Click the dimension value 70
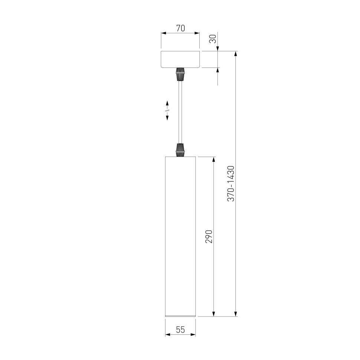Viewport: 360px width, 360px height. pos(180,28)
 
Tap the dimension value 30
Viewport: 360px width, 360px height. pos(213,39)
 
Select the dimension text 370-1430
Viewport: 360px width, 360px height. pos(231,183)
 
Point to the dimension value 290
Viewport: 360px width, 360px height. pos(209,236)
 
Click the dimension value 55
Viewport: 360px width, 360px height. pos(180,330)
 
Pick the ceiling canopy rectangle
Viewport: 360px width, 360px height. pos(180,59)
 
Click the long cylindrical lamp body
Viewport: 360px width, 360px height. pos(180,236)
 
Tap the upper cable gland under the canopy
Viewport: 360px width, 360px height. pos(180,74)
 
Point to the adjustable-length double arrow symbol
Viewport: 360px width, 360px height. pos(167,110)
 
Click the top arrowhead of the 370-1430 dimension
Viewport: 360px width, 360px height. pos(236,54)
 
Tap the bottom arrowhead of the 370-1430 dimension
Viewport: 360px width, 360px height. pos(236,314)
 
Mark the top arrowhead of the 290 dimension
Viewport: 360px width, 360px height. pos(214,160)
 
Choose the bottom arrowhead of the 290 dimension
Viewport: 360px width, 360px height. pos(214,314)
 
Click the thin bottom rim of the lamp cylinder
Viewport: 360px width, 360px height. pos(180,316)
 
